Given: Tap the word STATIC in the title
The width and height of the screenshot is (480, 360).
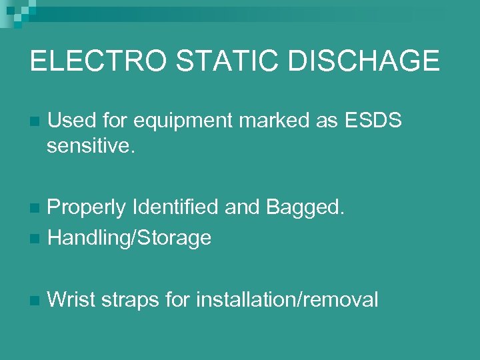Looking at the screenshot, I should pos(221,61).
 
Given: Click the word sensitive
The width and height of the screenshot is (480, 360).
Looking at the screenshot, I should pos(91,145).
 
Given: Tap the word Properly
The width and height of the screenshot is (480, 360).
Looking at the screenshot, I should pos(87,208).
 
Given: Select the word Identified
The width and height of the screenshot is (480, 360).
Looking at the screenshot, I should pos(176,208).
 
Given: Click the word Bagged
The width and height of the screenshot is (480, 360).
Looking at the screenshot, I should pos(305,208).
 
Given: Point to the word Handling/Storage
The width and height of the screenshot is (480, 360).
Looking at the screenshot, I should pos(130,237).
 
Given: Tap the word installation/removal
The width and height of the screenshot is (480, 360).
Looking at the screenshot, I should pos(287,300).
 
